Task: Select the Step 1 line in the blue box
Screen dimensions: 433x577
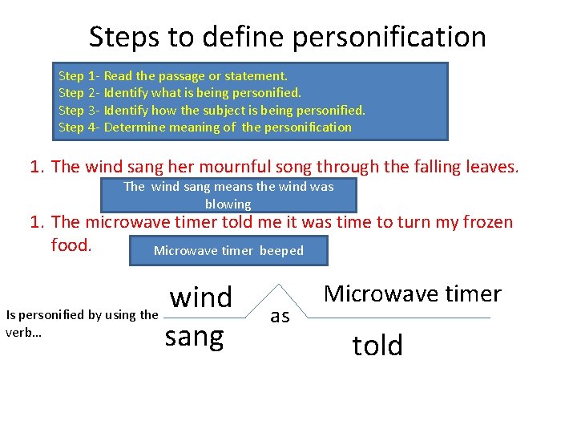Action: point(172,76)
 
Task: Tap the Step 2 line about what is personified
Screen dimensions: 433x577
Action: point(180,93)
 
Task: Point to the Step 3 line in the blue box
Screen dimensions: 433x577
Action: point(212,110)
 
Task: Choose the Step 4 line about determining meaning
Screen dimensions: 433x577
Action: point(205,127)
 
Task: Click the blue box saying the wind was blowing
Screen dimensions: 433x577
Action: point(228,195)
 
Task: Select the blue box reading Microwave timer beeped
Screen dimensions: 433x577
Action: point(228,251)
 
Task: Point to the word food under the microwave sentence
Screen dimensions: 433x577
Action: point(71,245)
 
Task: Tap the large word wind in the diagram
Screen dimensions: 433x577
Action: point(201,297)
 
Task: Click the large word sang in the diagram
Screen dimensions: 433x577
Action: point(194,337)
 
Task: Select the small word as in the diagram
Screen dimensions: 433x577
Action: point(280,317)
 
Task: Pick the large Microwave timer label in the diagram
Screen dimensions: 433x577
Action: point(412,294)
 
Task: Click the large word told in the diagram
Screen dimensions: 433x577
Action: point(377,346)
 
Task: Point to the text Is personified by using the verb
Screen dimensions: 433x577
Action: point(81,323)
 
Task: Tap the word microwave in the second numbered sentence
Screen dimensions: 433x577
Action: point(135,222)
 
